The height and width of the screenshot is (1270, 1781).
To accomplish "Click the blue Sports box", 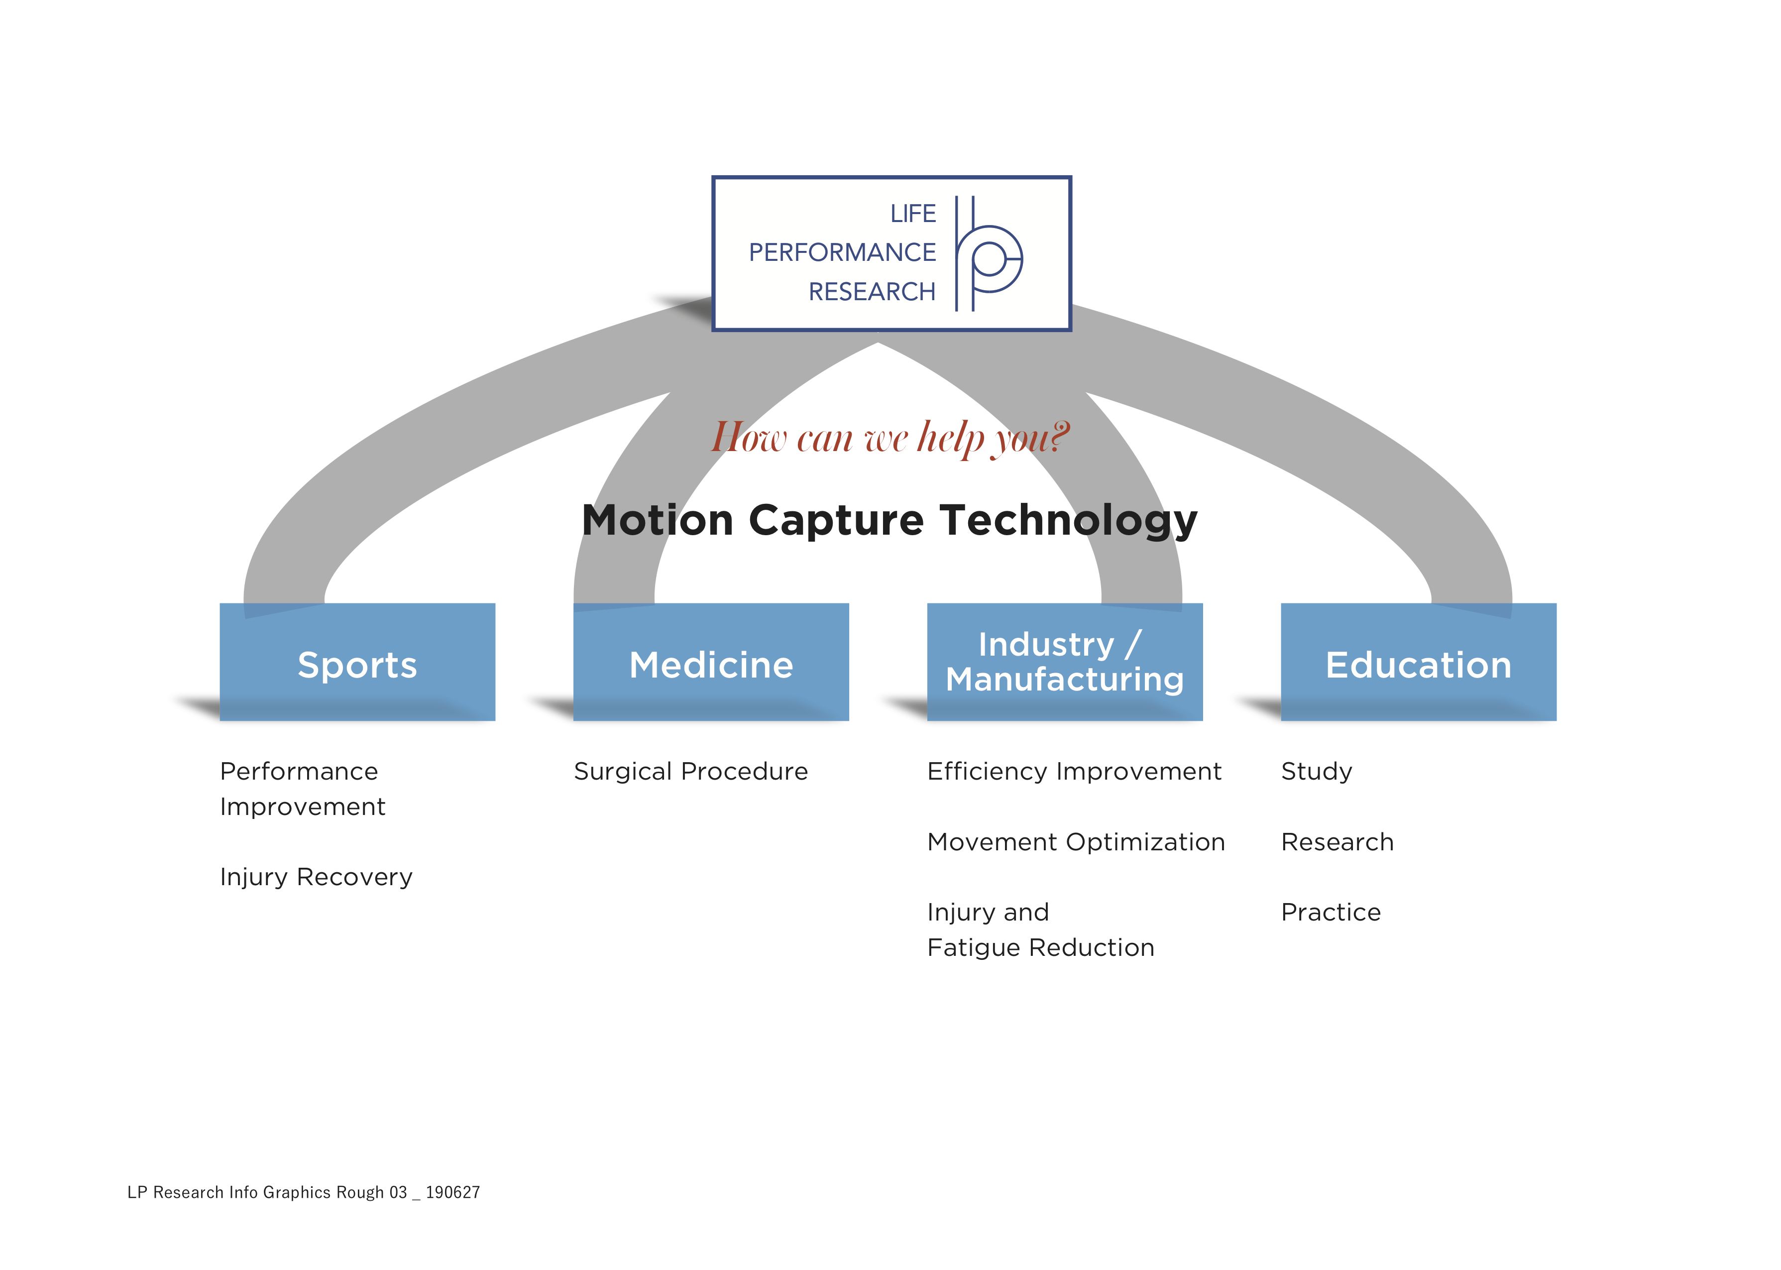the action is [x=357, y=662].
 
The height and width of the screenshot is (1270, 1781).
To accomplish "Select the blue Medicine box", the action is [x=711, y=662].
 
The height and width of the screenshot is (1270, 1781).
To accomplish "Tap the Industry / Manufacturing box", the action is [x=1065, y=662].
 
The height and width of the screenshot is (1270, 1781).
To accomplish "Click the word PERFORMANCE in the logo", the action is [x=842, y=252].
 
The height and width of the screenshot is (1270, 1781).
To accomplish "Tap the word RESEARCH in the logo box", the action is [x=872, y=292].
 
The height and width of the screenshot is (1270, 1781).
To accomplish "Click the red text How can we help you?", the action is [x=890, y=438].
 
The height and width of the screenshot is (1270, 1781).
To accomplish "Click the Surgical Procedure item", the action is [x=690, y=772].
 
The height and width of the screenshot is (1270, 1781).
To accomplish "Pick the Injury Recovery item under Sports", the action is [x=316, y=877].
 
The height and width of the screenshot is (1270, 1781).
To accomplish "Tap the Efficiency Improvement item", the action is [x=1074, y=772].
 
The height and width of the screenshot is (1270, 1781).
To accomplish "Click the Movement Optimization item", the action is [x=1076, y=842].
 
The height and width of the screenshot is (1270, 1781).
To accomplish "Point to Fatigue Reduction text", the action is [x=1041, y=948].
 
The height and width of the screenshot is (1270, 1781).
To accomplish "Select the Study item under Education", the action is [x=1317, y=772].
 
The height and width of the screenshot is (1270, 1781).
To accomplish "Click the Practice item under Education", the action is [x=1331, y=913].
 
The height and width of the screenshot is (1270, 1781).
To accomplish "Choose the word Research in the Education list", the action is [x=1337, y=842].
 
